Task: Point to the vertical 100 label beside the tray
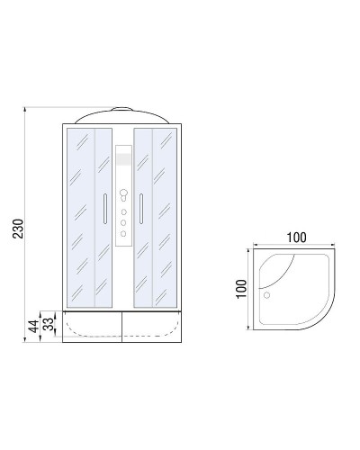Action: tap(241, 290)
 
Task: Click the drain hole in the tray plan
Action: tap(266, 292)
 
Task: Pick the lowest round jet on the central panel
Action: tap(124, 235)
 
